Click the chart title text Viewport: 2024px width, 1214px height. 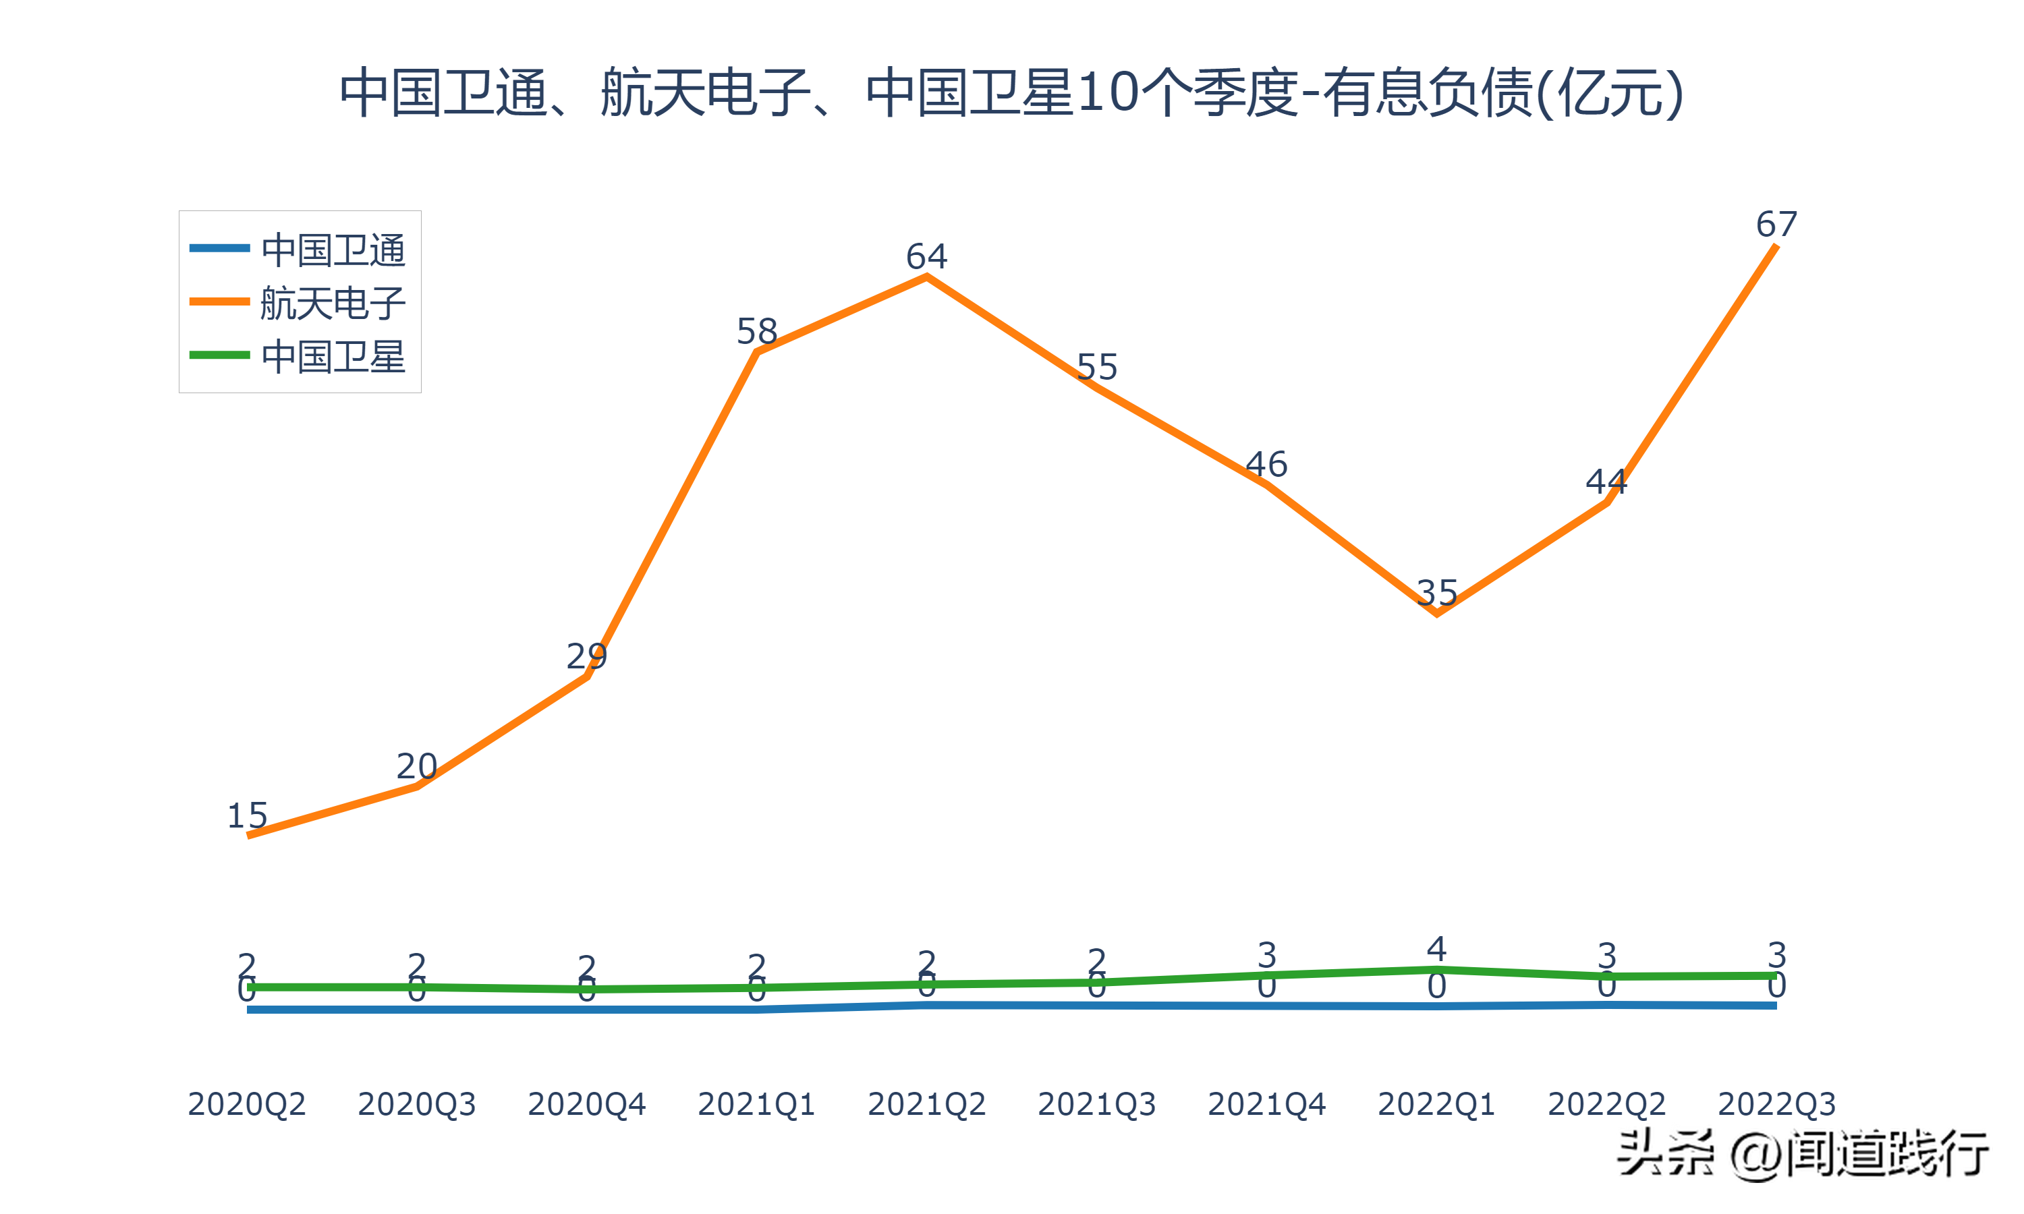(1011, 92)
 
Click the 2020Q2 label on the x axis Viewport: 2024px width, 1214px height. (247, 1104)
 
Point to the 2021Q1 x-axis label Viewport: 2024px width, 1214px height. (757, 1104)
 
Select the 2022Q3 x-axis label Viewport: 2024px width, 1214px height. (1777, 1104)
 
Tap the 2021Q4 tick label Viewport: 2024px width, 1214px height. (1266, 1104)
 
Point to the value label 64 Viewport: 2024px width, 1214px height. (927, 257)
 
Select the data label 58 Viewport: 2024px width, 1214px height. (757, 331)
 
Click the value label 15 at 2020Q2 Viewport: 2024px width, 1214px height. (247, 815)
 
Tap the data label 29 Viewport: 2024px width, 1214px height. (586, 656)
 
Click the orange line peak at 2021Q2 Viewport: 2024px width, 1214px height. (927, 277)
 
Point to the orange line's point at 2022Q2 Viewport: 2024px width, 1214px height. (1608, 502)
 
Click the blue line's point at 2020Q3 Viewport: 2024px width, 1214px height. (417, 1010)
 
